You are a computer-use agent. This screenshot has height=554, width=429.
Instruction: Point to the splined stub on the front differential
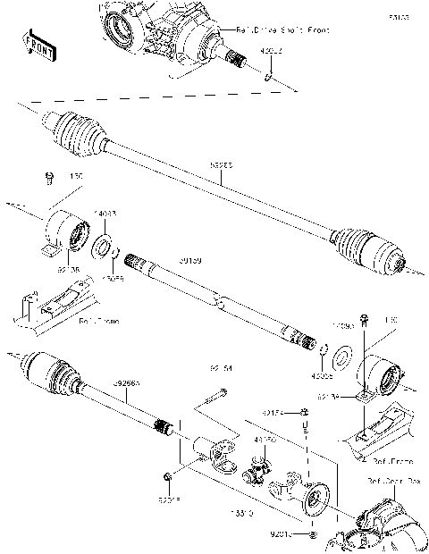238,61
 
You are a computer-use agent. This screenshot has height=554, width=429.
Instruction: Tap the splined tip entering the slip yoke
163,426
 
